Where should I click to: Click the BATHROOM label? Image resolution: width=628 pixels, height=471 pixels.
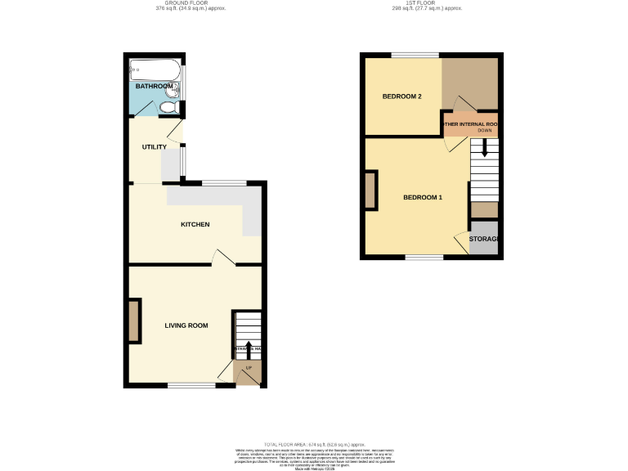tap(154, 86)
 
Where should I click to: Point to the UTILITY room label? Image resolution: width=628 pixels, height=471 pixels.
tap(154, 147)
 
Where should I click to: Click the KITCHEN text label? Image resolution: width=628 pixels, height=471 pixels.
tap(195, 224)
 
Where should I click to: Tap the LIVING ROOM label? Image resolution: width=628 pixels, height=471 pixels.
tap(186, 325)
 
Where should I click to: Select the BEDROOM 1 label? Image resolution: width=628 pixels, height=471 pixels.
tap(422, 198)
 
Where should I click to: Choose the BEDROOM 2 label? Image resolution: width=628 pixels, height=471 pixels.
tap(401, 96)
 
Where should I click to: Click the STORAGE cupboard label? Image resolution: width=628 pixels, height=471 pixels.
tap(483, 239)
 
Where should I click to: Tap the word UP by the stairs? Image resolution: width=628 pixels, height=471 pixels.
tap(249, 367)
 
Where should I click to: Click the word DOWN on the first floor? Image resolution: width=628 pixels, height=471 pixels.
tap(485, 131)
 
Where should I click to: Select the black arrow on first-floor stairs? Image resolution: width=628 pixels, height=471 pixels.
tap(484, 148)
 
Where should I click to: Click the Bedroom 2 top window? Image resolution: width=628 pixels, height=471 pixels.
tap(403, 55)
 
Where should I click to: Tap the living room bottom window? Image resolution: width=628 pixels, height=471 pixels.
tap(191, 384)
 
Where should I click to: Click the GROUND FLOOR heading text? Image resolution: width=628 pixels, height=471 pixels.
tap(190, 3)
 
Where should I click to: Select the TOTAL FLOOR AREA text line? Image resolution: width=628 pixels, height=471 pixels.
tap(314, 442)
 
